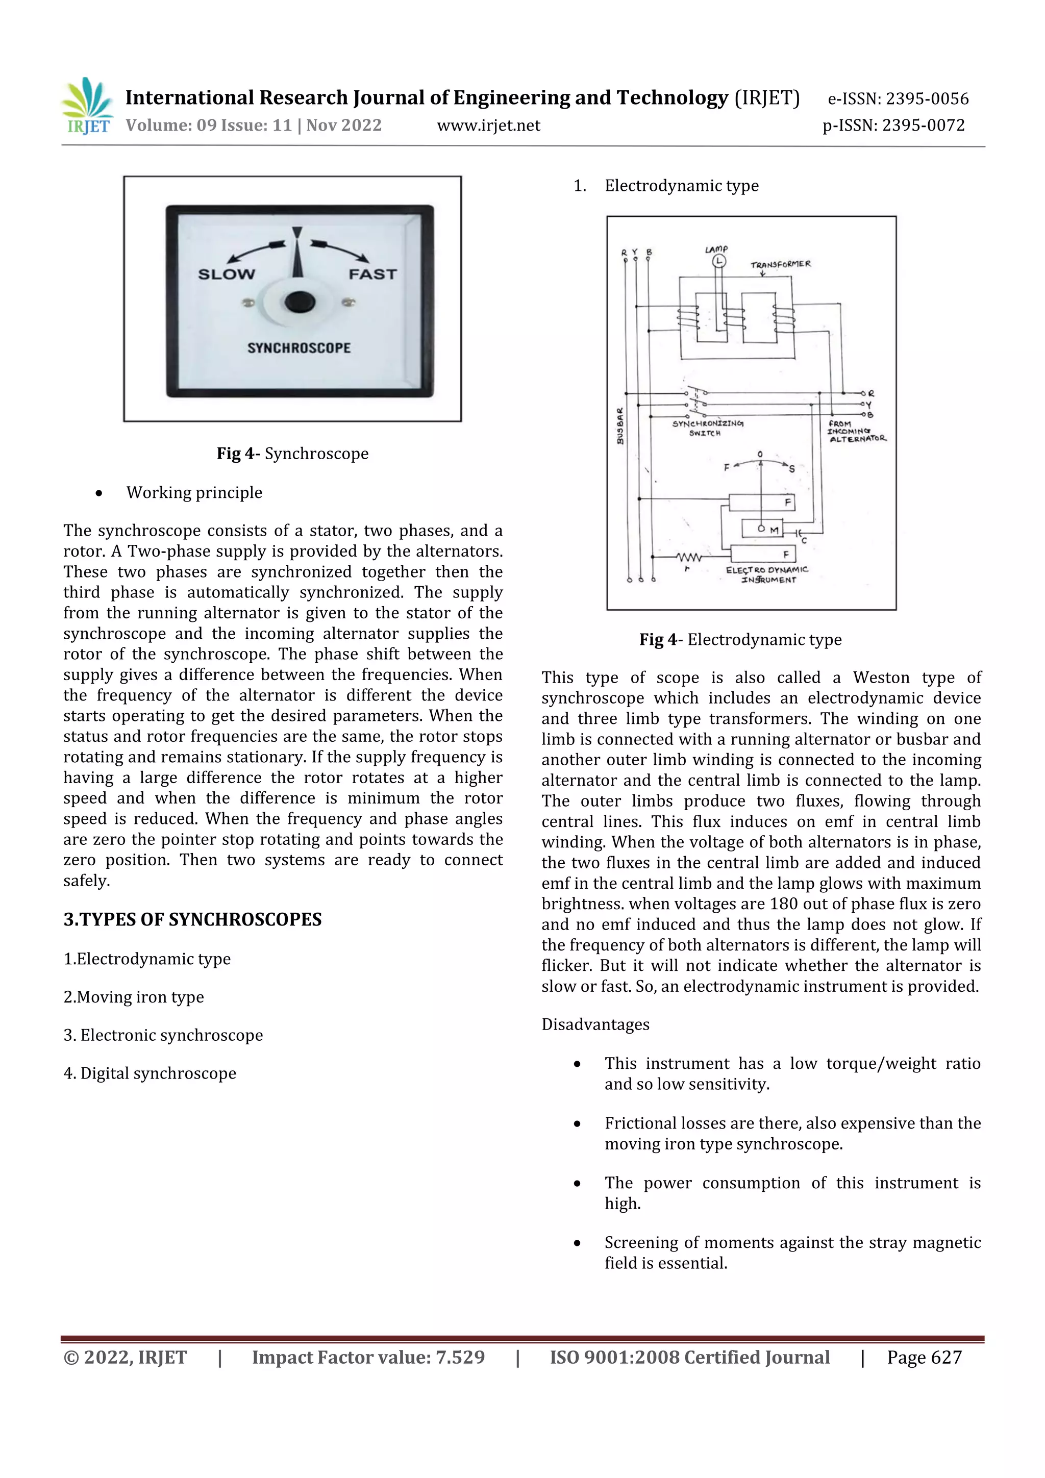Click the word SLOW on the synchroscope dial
226,274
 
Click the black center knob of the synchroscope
300,302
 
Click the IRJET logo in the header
88,107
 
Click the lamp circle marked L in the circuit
718,261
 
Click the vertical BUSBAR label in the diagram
620,426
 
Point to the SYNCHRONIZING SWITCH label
707,428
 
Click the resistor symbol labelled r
689,557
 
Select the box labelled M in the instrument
762,529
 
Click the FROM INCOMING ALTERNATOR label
856,431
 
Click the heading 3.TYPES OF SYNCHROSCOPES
192,919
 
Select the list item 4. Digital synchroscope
150,1073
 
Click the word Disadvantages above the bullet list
595,1024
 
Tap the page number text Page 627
924,1357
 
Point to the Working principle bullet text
194,492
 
